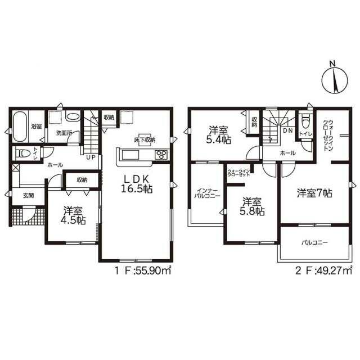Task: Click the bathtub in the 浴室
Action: (x=20, y=127)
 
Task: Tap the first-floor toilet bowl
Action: (x=23, y=153)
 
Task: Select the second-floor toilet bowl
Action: (x=305, y=123)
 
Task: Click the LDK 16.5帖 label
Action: (x=137, y=184)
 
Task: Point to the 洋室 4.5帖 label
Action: (x=73, y=215)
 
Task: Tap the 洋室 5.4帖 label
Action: (x=218, y=135)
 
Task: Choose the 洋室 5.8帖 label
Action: (x=252, y=206)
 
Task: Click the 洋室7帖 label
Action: (x=314, y=193)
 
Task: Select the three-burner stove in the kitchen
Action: (x=162, y=155)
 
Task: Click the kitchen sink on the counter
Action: (x=130, y=155)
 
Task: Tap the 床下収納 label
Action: (x=145, y=139)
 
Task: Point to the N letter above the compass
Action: (x=332, y=64)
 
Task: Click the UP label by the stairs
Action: (x=91, y=157)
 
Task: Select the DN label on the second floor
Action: (x=288, y=131)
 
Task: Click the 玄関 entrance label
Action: (x=29, y=196)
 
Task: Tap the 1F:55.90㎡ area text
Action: (x=143, y=271)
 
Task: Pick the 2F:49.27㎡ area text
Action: (x=323, y=271)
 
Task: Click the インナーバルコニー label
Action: (x=207, y=193)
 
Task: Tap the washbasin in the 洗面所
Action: (x=73, y=117)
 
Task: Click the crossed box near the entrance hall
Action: (x=16, y=168)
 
